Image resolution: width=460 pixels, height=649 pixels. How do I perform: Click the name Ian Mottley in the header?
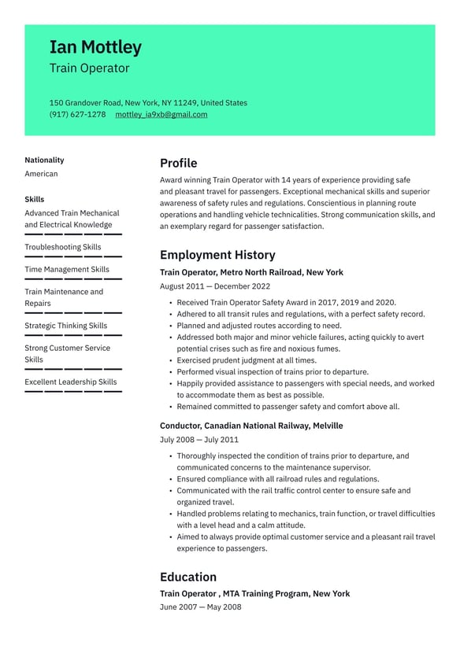tap(95, 47)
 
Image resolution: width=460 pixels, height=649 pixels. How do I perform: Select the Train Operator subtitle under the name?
tap(89, 68)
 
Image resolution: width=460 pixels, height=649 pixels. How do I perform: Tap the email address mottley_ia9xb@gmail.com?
tap(161, 115)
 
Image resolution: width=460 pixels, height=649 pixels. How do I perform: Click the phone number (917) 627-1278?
tap(77, 115)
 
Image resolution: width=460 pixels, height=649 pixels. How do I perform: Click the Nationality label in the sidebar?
tap(44, 160)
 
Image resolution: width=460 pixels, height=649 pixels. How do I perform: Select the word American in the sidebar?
tap(41, 174)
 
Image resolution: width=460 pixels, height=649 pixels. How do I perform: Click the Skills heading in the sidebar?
tap(34, 199)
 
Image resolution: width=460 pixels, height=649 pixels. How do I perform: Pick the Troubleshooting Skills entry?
tap(62, 247)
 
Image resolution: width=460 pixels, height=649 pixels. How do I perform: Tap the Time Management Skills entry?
tap(66, 269)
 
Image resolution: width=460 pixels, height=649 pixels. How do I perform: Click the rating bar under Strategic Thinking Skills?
tap(72, 335)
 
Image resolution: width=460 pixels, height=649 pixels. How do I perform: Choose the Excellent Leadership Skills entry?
tap(70, 382)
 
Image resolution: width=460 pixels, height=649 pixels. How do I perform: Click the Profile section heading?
tap(178, 164)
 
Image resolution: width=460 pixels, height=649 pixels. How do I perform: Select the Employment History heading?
tap(217, 255)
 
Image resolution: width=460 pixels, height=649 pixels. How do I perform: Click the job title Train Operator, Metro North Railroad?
tap(251, 272)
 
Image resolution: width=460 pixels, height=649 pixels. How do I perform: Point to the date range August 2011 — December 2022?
tap(214, 286)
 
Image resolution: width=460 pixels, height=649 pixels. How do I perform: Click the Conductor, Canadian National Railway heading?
tap(251, 426)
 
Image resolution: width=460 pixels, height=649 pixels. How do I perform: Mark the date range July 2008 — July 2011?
tap(198, 440)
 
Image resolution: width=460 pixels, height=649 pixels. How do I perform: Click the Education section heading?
tap(187, 577)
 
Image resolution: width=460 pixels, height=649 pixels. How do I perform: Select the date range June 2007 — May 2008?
tap(200, 607)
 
